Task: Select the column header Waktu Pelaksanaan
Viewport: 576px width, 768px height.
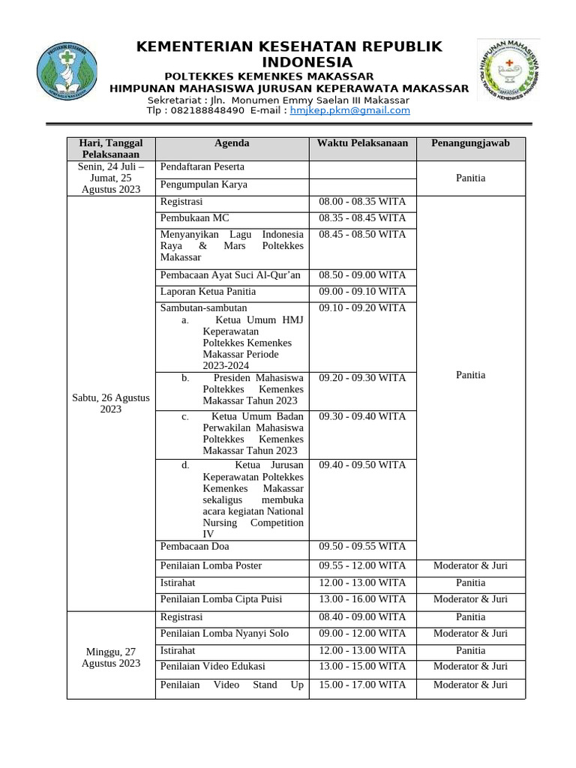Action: pyautogui.click(x=362, y=143)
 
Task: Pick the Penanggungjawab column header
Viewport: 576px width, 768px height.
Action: pyautogui.click(x=470, y=143)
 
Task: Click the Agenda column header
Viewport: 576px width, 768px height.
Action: pyautogui.click(x=232, y=143)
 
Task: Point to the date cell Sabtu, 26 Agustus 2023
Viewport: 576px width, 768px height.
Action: pyautogui.click(x=111, y=403)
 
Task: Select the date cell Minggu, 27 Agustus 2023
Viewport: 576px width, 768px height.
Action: pyautogui.click(x=111, y=658)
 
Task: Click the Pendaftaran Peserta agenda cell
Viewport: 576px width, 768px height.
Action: pyautogui.click(x=202, y=166)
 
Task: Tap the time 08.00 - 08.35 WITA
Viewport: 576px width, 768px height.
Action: pyautogui.click(x=362, y=202)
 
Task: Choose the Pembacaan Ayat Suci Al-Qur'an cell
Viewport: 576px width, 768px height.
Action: pyautogui.click(x=230, y=275)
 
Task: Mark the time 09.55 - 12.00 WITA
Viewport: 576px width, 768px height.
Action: pyautogui.click(x=362, y=566)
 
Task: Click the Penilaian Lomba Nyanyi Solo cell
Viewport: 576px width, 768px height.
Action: pyautogui.click(x=224, y=634)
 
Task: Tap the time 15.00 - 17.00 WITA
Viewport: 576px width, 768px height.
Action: pyautogui.click(x=362, y=685)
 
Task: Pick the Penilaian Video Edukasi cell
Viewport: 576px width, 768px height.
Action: pyautogui.click(x=213, y=667)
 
